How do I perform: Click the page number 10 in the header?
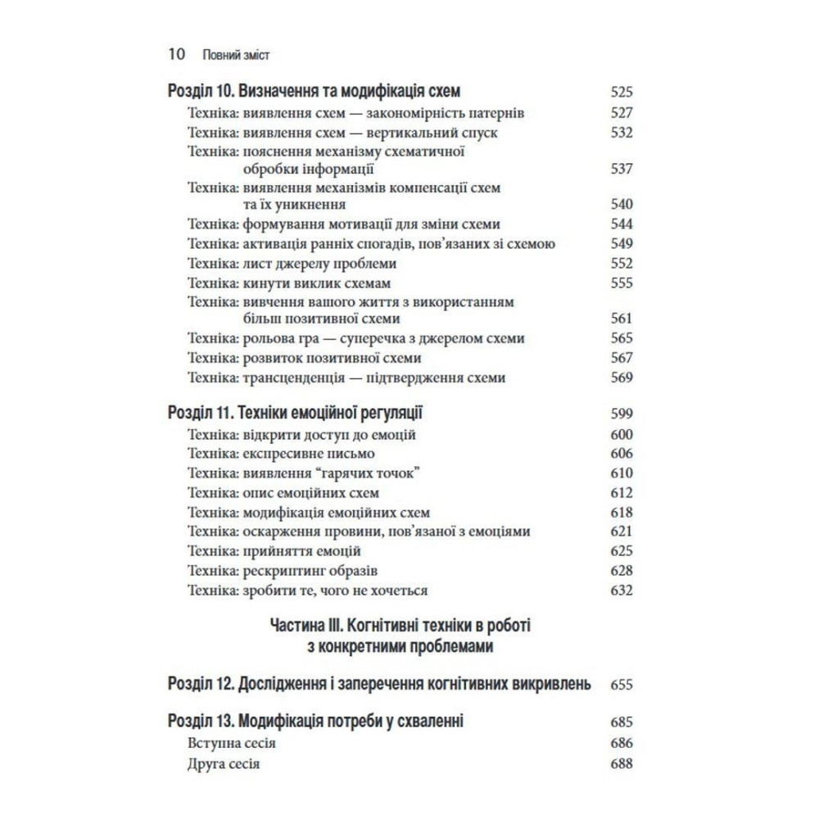[175, 55]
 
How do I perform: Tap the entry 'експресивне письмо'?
[309, 453]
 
